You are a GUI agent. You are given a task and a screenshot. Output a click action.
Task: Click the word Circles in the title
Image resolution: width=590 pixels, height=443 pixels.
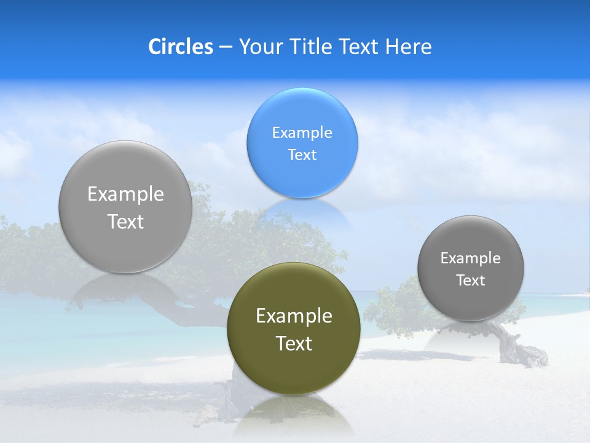(181, 47)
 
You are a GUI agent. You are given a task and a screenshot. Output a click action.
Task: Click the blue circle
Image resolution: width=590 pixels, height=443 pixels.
(302, 117)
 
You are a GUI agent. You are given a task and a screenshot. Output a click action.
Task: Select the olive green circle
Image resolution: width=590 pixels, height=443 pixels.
(293, 369)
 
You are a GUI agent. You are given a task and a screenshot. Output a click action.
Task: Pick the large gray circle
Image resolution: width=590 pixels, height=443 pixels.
(125, 246)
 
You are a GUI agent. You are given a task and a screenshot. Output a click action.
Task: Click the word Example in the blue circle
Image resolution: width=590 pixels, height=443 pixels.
(302, 132)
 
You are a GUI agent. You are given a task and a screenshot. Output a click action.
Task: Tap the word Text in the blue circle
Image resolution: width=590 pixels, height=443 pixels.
(302, 154)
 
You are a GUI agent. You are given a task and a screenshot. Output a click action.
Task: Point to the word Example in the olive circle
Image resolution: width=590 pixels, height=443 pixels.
(294, 316)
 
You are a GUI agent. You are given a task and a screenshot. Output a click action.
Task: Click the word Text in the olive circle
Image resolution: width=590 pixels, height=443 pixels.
(294, 343)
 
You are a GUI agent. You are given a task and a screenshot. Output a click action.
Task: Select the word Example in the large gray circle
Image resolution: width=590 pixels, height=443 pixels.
(125, 194)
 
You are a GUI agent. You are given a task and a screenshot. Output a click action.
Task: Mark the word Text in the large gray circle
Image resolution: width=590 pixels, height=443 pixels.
(125, 221)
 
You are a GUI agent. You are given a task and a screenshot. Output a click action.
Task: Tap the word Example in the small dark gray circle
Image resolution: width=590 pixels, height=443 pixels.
(471, 258)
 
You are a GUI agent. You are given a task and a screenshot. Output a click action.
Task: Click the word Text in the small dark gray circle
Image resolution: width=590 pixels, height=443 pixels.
(471, 281)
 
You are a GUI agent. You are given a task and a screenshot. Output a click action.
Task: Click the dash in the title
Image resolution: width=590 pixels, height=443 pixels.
(226, 47)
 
